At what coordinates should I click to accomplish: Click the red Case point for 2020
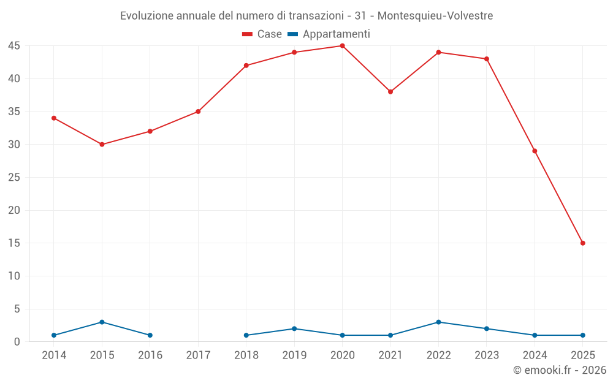click(342, 46)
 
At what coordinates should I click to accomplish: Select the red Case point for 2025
click(582, 243)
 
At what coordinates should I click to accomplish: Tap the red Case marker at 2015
click(102, 145)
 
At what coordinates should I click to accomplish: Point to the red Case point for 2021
click(390, 92)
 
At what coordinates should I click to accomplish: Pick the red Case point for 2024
click(535, 151)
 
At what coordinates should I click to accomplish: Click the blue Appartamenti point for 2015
click(102, 322)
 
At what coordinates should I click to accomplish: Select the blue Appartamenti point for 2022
click(438, 322)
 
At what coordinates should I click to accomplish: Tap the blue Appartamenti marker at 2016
click(150, 335)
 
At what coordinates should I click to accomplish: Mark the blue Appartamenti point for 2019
click(294, 329)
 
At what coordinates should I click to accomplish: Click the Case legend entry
click(262, 34)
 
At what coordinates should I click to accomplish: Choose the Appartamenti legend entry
click(329, 34)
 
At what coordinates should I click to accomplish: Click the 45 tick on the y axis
click(14, 46)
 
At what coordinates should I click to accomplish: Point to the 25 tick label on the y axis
click(14, 178)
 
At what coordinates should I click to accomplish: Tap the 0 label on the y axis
click(17, 342)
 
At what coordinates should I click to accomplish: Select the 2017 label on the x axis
click(198, 355)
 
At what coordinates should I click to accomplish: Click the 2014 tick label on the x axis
click(54, 355)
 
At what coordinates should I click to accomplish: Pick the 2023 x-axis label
click(487, 355)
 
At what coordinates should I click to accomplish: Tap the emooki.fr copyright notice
click(560, 370)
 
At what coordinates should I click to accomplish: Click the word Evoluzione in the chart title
click(147, 16)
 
